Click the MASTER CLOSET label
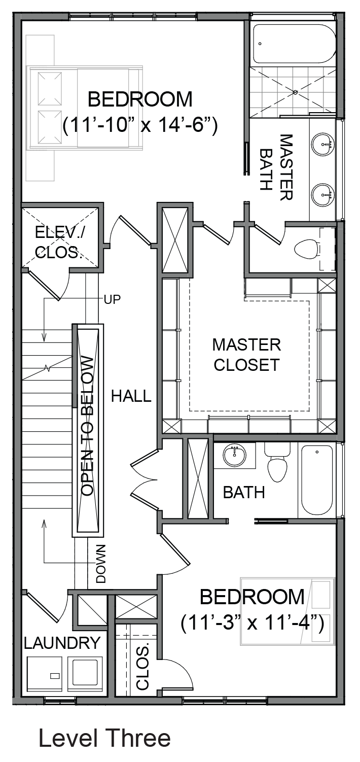246,355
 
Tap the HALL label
131,396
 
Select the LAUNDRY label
62,643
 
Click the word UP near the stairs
113,300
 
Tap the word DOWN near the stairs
100,564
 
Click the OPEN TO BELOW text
87,426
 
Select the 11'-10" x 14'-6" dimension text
140,125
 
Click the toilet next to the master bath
306,249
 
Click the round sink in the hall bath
235,456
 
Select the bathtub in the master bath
294,44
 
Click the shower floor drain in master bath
295,92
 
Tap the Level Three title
104,738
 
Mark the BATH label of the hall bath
244,492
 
